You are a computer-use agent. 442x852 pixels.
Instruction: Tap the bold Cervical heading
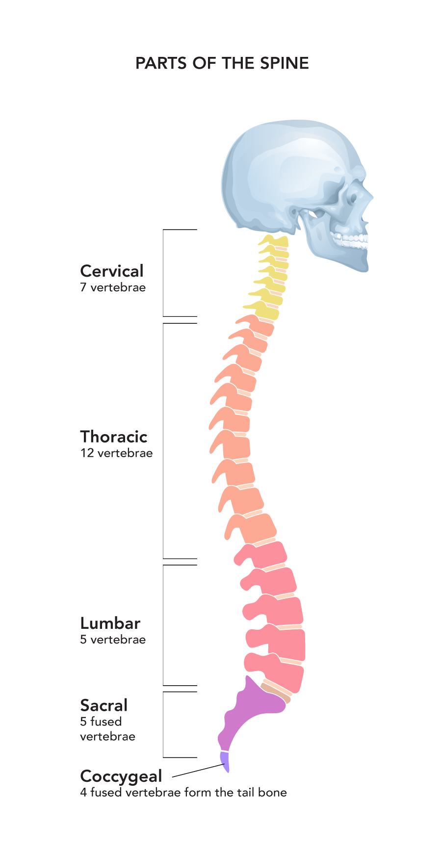tap(112, 271)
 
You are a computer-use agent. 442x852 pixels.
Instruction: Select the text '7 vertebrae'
tap(113, 287)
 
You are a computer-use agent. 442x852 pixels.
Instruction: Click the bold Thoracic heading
tap(114, 437)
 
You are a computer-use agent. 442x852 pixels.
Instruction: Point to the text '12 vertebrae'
tap(116, 453)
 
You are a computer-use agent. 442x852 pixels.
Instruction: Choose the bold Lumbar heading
tap(110, 623)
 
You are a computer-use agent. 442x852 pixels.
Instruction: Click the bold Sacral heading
tap(104, 705)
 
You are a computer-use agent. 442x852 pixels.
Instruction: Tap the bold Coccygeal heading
tap(121, 776)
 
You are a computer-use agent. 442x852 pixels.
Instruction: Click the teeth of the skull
tap(351, 240)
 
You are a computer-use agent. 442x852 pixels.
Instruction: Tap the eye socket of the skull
tap(352, 198)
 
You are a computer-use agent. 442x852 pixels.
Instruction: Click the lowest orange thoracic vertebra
tap(255, 529)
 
